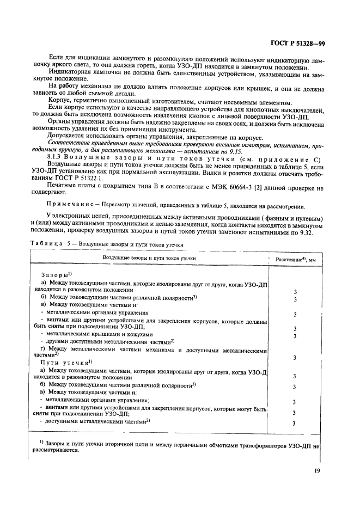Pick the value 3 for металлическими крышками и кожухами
click(295, 335)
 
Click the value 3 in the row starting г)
click(295, 357)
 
